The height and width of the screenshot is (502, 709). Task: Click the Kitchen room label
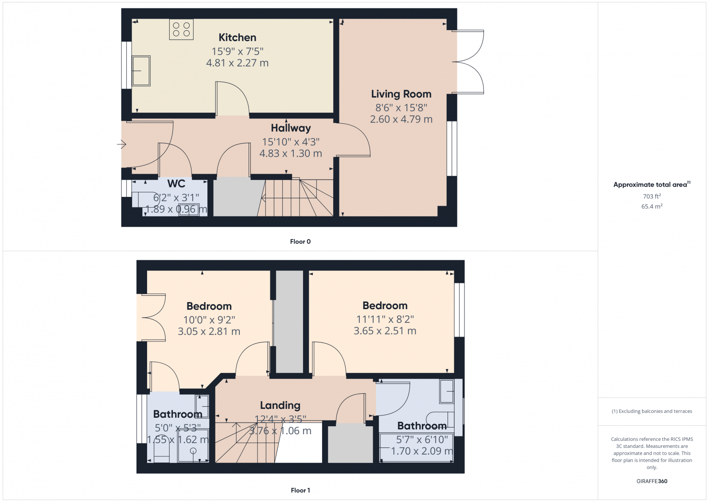237,38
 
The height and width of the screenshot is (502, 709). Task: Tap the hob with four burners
181,29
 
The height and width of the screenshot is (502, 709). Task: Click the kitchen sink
141,71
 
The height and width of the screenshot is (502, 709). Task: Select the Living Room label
401,94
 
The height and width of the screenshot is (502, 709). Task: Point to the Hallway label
291,128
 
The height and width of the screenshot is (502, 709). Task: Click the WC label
176,184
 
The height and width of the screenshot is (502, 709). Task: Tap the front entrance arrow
121,144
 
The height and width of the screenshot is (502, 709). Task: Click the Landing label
280,405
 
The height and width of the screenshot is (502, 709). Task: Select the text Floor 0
300,242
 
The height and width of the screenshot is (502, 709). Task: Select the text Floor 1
300,490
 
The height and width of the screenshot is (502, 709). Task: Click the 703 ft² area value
652,196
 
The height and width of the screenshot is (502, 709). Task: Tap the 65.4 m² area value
652,207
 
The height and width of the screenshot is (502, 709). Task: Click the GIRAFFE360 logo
652,481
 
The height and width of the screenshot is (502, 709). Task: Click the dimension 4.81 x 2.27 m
237,63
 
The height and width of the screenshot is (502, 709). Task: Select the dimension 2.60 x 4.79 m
401,119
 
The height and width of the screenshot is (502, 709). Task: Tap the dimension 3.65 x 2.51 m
385,331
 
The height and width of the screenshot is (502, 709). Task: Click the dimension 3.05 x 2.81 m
209,331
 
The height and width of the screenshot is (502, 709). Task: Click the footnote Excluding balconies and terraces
652,412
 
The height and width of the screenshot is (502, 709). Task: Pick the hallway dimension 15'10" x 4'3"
291,142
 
